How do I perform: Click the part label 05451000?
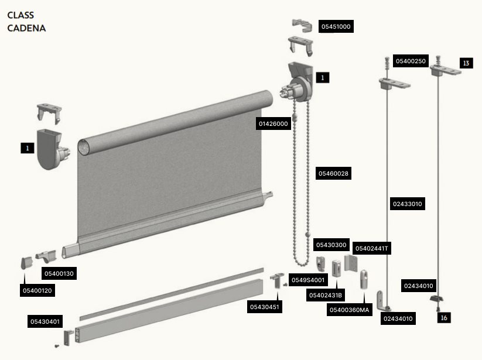coord(336,26)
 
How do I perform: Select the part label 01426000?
coord(274,124)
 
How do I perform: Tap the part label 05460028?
coord(333,173)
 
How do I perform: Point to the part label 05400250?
coord(411,61)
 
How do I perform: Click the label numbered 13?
coord(466,63)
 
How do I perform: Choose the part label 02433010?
coord(407,204)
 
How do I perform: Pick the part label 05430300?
coord(331,245)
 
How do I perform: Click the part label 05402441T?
coord(372,248)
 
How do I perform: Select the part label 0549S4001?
coord(308,280)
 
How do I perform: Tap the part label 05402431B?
coord(326,295)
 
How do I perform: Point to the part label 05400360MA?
coord(350,310)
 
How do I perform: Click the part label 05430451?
coord(265,307)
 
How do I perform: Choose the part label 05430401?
coord(45,321)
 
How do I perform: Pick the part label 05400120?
coord(37,290)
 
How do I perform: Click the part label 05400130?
coord(59,273)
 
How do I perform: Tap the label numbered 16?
coord(444,318)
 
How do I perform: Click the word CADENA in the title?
coord(26,28)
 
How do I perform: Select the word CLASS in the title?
coord(20,15)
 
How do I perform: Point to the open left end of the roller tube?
coord(83,147)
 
